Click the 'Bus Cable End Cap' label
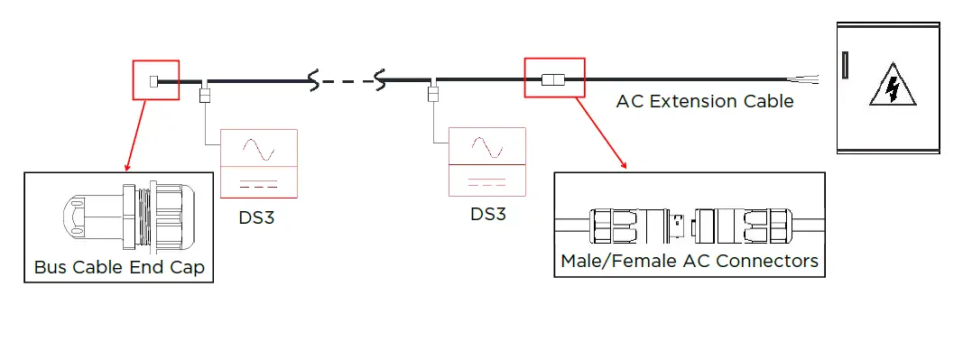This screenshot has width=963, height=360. (119, 267)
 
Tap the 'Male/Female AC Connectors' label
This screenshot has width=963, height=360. (690, 261)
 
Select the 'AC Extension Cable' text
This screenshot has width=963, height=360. (705, 101)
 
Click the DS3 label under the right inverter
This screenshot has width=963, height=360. (487, 215)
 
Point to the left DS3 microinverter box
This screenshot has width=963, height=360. (259, 163)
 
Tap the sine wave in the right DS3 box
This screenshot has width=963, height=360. (487, 145)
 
